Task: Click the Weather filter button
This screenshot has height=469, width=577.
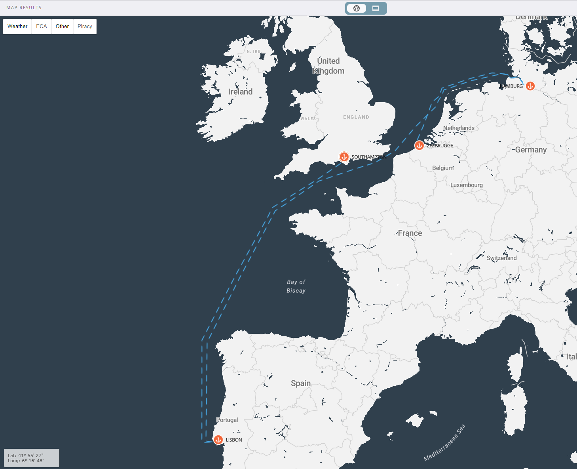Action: (x=17, y=27)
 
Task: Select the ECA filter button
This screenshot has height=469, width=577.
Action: (x=42, y=27)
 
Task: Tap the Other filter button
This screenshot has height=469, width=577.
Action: (x=62, y=27)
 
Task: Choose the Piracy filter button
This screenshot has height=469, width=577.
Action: (x=85, y=27)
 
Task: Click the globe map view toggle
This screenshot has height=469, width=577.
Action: (x=357, y=8)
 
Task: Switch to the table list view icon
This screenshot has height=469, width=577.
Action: (x=376, y=8)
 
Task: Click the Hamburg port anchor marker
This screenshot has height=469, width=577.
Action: (x=530, y=86)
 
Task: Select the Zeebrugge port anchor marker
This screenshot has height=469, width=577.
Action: (x=419, y=145)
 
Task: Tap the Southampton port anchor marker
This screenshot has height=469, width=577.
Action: (x=344, y=157)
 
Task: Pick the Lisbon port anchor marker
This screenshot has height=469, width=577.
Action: (x=218, y=440)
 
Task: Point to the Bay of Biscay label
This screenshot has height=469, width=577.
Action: (x=296, y=286)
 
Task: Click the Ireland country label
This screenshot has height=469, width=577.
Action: (x=241, y=92)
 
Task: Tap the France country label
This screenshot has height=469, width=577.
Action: (x=410, y=233)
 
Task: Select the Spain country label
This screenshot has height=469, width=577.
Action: (x=301, y=383)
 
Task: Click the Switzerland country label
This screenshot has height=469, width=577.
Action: (x=501, y=258)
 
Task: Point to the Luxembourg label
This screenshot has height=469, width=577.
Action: (x=467, y=185)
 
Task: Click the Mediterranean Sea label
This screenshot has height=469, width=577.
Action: (x=444, y=442)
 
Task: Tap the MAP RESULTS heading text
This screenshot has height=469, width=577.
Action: (x=24, y=8)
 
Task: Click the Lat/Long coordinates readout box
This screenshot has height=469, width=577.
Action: (x=32, y=458)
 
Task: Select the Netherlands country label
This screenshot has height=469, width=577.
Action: (x=459, y=128)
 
